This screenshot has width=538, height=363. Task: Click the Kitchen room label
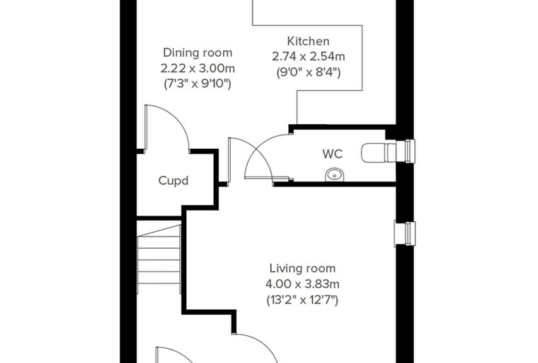pyautogui.click(x=308, y=41)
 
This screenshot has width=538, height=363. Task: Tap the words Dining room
pyautogui.click(x=198, y=52)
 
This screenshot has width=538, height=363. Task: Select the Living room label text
pyautogui.click(x=302, y=269)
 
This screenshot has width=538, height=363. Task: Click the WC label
pyautogui.click(x=333, y=154)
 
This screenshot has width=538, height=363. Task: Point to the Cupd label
pyautogui.click(x=173, y=181)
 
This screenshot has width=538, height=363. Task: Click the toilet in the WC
pyautogui.click(x=379, y=152)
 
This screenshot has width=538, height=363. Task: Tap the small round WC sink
pyautogui.click(x=334, y=174)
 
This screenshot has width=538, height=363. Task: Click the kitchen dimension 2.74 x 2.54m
pyautogui.click(x=309, y=56)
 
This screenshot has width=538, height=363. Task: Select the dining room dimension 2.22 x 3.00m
pyautogui.click(x=198, y=68)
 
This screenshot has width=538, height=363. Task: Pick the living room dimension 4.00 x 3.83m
pyautogui.click(x=302, y=284)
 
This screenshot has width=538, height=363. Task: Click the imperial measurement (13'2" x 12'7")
pyautogui.click(x=302, y=300)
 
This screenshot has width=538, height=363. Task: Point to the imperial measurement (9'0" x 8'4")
pyautogui.click(x=309, y=72)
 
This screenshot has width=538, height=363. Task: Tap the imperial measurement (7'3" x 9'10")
pyautogui.click(x=198, y=84)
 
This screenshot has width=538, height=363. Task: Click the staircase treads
pyautogui.click(x=159, y=259)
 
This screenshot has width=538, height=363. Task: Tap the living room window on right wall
pyautogui.click(x=405, y=234)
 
